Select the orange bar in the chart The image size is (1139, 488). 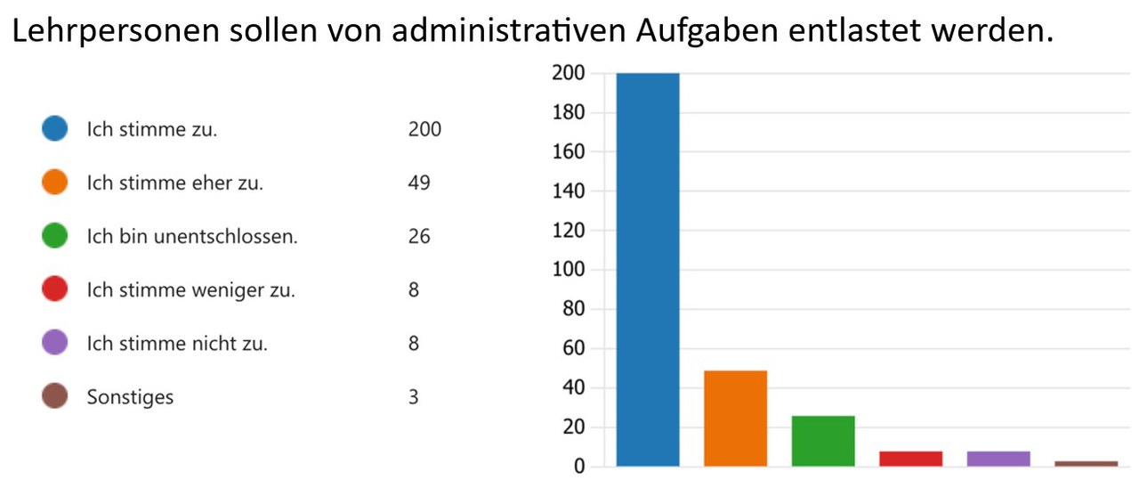[735, 418]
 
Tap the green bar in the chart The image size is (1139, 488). [823, 441]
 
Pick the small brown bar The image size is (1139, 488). [1086, 463]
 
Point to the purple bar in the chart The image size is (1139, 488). [998, 459]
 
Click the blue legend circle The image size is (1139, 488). [55, 129]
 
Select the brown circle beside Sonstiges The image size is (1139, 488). [55, 396]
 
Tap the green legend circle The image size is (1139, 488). [55, 236]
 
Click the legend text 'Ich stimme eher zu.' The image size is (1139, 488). [174, 183]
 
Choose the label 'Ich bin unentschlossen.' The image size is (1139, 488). [191, 237]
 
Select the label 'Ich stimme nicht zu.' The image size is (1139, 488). [176, 344]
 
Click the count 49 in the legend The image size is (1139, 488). [419, 183]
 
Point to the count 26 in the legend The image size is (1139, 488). [419, 236]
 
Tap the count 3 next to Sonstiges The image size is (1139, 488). [414, 396]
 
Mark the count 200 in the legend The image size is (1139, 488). [424, 129]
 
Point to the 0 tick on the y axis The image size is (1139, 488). [579, 467]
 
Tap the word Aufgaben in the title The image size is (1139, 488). [703, 32]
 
